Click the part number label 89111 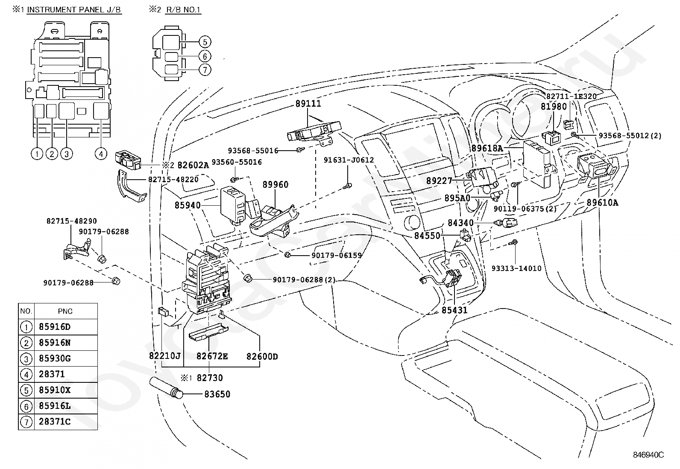[x=308, y=104]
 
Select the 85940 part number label [x=188, y=205]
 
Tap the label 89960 [x=276, y=184]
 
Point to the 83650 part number [x=217, y=394]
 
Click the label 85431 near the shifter [x=454, y=310]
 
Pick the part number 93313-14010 [x=516, y=268]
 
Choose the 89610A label [x=602, y=203]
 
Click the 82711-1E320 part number [x=572, y=96]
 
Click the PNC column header [x=65, y=311]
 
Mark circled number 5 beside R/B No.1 [x=205, y=42]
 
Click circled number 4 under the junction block [x=101, y=154]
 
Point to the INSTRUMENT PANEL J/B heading [x=74, y=10]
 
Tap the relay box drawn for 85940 [x=233, y=206]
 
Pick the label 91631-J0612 [x=349, y=160]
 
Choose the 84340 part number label [x=460, y=223]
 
